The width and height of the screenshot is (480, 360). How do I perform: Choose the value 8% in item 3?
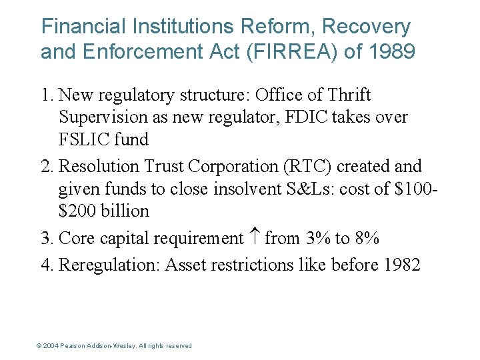(367, 238)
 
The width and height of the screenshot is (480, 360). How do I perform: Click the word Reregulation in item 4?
(108, 265)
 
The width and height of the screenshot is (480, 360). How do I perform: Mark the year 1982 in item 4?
(402, 265)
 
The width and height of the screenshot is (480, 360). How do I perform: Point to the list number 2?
(46, 166)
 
